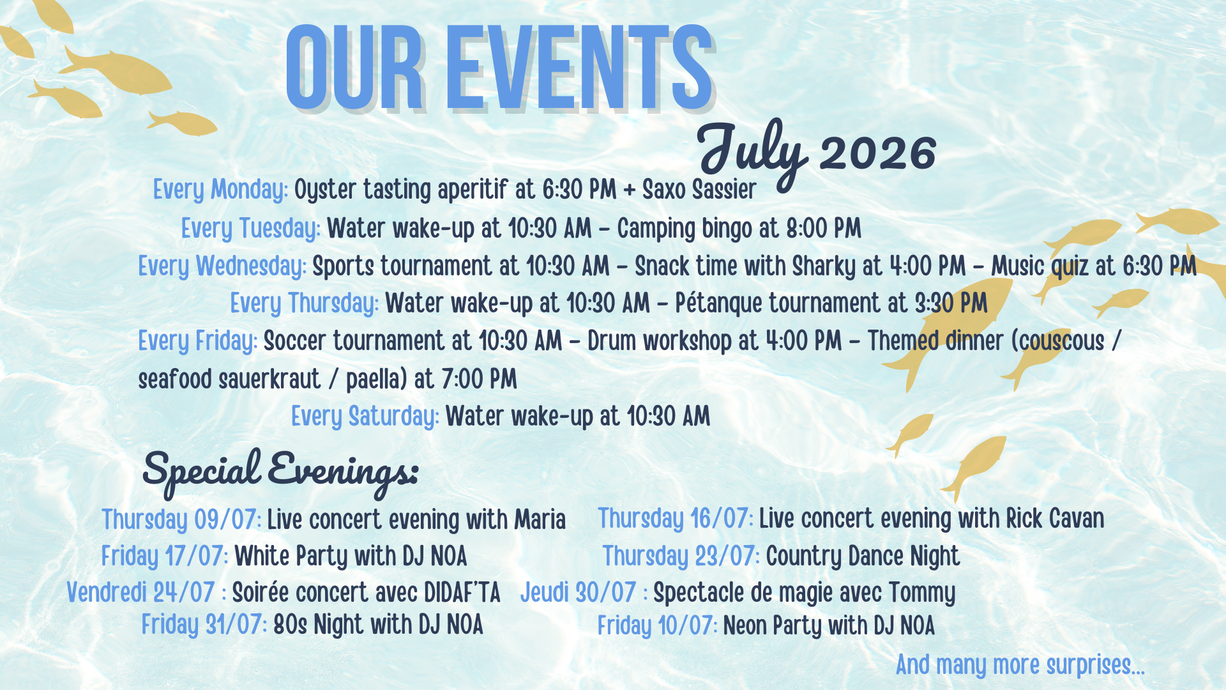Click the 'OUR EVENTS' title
pos(499,68)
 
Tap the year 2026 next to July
pos(878,153)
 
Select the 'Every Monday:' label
pos(220,190)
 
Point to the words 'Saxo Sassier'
pos(699,190)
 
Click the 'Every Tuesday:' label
pos(251,228)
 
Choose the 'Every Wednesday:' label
pos(222,266)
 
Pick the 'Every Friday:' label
pos(198,341)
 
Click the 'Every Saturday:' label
pos(365,417)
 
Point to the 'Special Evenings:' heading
pos(280,472)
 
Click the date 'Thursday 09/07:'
pos(181,519)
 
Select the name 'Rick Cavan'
pos(1055,518)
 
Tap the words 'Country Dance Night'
pos(863,556)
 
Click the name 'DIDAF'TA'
pos(462,593)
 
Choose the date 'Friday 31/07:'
pos(204,625)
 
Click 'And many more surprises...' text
pos(1020,665)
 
